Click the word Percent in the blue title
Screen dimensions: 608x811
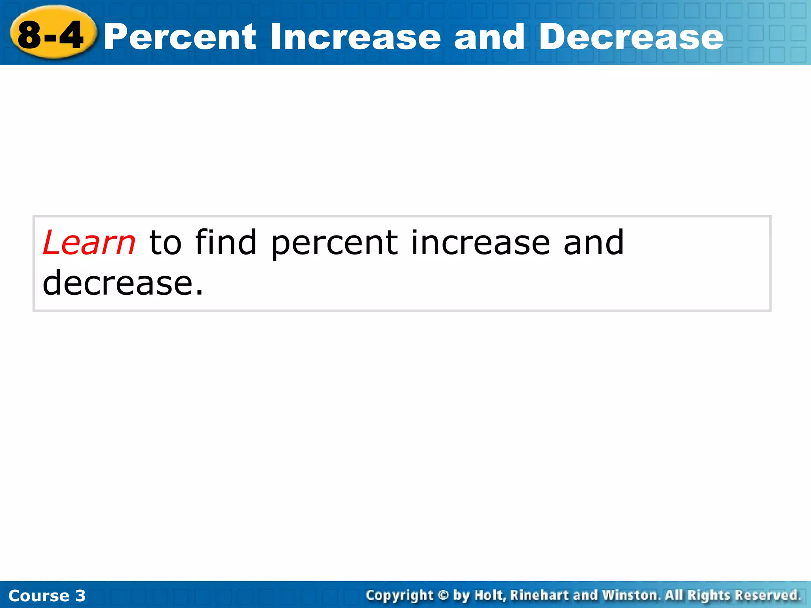tap(180, 37)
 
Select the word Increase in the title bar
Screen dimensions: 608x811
tap(355, 37)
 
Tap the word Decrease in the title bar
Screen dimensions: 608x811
tap(631, 37)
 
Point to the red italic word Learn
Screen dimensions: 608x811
tap(89, 243)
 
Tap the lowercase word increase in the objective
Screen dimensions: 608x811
tap(480, 243)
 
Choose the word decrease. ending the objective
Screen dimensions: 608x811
tap(123, 283)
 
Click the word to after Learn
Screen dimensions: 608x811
tap(165, 243)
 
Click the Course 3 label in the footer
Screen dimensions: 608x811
tap(47, 596)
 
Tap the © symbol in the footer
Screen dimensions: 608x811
tap(443, 595)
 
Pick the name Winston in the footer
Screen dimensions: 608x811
tap(631, 595)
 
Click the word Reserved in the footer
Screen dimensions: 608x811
tap(767, 595)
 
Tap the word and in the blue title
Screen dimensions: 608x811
tap(489, 37)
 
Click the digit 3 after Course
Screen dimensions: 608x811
tap(80, 596)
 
